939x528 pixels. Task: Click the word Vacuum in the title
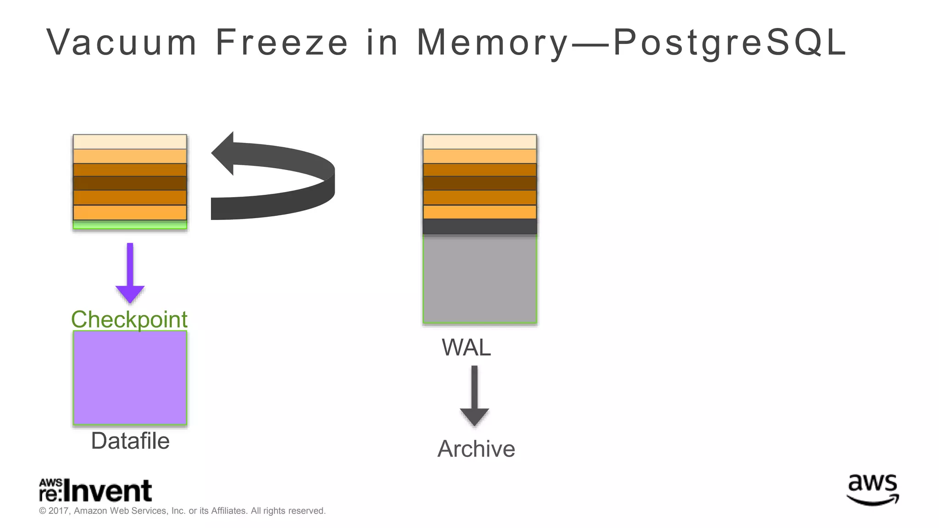pos(122,43)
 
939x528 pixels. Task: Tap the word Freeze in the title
pos(282,43)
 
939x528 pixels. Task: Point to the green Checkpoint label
pos(129,319)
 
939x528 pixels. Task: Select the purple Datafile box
pos(130,378)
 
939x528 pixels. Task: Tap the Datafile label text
pos(130,441)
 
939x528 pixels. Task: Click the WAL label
pos(466,347)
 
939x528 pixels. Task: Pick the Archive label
pos(476,449)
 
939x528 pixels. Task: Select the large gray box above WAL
pos(480,279)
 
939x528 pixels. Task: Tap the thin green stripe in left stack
pos(130,225)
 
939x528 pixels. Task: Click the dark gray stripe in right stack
pos(480,226)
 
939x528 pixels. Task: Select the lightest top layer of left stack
pos(130,142)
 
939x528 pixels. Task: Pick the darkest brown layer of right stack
pos(480,183)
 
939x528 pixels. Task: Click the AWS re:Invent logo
pos(95,490)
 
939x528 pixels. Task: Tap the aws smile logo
pos(872,489)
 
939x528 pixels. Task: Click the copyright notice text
pos(182,511)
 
